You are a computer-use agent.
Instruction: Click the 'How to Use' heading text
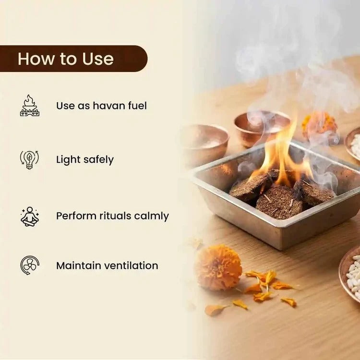(66, 59)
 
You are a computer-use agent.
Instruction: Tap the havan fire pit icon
(30, 106)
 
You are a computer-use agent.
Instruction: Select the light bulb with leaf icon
(29, 159)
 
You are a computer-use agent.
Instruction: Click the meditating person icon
(30, 216)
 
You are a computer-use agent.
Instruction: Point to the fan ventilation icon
(30, 265)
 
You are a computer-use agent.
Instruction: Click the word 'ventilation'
(132, 265)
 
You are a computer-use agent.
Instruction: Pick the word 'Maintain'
(79, 265)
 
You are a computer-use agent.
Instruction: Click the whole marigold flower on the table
(219, 267)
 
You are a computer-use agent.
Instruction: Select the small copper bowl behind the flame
(262, 128)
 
